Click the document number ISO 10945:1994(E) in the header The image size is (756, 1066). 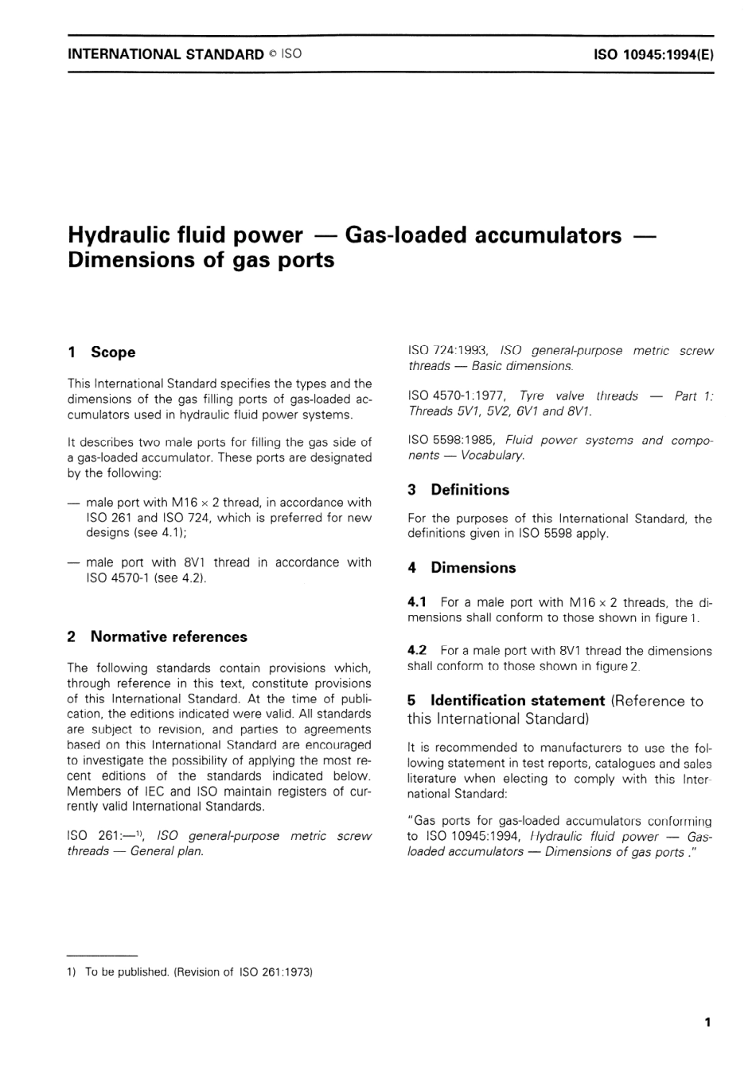click(653, 55)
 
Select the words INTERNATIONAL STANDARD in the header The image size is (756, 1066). click(166, 55)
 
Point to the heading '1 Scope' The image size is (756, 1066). click(102, 352)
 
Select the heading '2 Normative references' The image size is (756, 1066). click(158, 636)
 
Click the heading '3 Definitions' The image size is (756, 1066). click(458, 490)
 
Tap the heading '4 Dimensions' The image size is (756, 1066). click(462, 568)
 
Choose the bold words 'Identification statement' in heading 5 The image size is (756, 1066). click(517, 701)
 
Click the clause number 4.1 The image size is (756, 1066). click(417, 603)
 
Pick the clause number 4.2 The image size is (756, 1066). click(417, 651)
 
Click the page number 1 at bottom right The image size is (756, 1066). click(707, 1023)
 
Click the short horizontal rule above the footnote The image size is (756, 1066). click(102, 955)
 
